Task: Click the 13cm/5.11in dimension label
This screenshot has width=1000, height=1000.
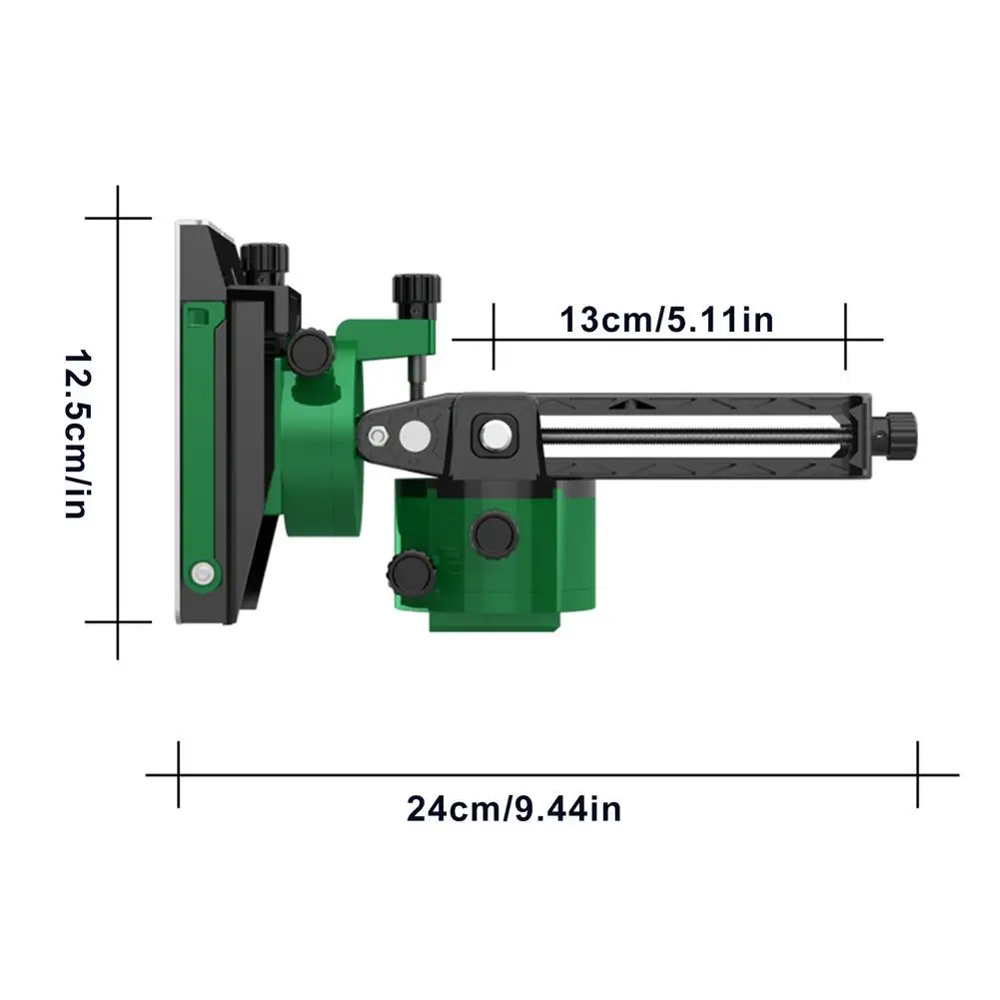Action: point(666,320)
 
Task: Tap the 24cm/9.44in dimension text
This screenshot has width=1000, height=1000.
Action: point(514,809)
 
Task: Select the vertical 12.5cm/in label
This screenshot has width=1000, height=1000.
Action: point(79,434)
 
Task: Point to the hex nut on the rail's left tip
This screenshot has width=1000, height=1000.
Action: point(378,437)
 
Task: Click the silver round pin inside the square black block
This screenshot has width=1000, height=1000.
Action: point(496,437)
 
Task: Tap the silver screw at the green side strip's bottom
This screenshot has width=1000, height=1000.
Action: point(203,572)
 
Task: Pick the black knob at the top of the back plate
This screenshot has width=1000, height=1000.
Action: point(264,260)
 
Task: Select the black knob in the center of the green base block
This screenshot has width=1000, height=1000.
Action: point(495,534)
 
